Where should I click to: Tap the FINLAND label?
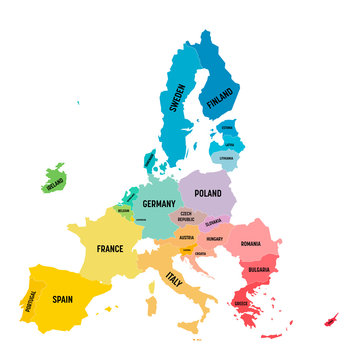pyautogui.click(x=219, y=99)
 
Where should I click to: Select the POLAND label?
pyautogui.click(x=208, y=194)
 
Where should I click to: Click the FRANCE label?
pyautogui.click(x=109, y=247)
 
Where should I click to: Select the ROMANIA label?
pyautogui.click(x=250, y=244)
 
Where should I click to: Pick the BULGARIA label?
pyautogui.click(x=257, y=269)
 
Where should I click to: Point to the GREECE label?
pyautogui.click(x=241, y=303)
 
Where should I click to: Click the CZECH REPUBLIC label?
pyautogui.click(x=186, y=217)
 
